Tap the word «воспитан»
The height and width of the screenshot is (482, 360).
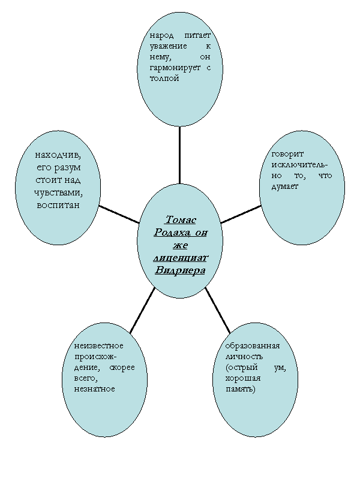(x=58, y=205)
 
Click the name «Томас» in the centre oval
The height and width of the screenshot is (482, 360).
(x=180, y=220)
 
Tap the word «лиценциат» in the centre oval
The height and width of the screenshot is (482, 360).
(x=180, y=257)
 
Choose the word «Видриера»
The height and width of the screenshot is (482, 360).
(x=180, y=270)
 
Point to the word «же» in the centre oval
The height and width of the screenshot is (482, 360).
(x=180, y=245)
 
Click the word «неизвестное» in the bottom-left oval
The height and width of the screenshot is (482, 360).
(x=98, y=346)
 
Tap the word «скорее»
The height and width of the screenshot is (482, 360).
(x=122, y=367)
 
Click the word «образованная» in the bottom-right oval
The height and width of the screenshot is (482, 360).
(x=252, y=346)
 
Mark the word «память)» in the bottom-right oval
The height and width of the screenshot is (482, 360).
(x=240, y=389)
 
